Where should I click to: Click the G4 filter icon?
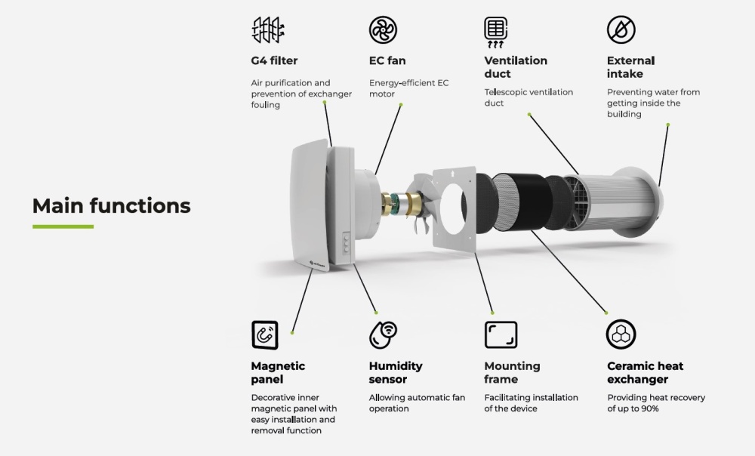click(268, 30)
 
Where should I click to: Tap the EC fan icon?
click(383, 29)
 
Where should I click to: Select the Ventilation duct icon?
click(495, 32)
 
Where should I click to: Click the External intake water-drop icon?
click(621, 29)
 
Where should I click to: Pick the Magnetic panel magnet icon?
click(265, 334)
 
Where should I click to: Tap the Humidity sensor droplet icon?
click(383, 334)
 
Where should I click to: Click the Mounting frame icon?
click(501, 334)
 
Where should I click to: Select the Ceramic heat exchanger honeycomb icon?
click(621, 334)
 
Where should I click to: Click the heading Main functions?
click(111, 205)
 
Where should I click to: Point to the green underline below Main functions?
click(63, 226)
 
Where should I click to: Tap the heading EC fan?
click(387, 60)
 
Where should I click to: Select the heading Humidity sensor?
click(396, 372)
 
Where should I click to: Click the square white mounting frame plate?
click(455, 209)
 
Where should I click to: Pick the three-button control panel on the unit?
click(347, 242)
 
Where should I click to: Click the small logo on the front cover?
click(317, 264)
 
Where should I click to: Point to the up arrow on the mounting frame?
click(452, 172)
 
